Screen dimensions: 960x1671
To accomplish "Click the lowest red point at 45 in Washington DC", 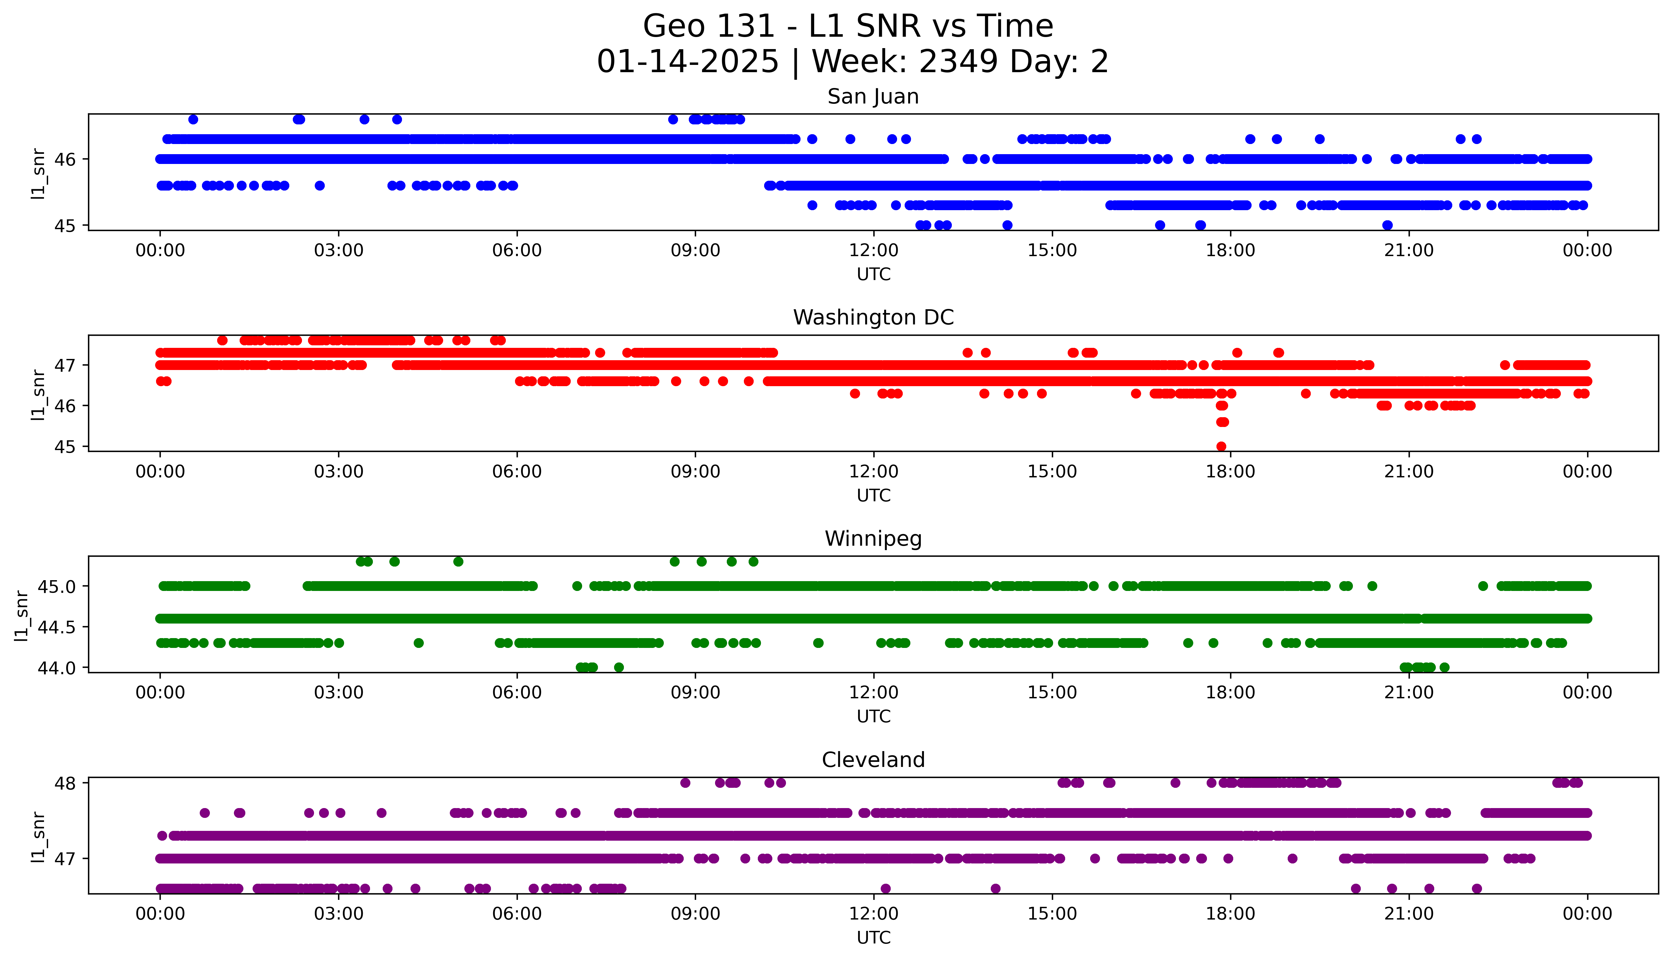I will click(x=1221, y=446).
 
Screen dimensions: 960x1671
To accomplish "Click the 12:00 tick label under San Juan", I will click(x=873, y=251).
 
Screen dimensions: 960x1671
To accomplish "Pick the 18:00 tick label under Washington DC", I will click(x=1231, y=471).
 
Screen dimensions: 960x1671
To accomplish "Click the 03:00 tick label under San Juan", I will click(x=338, y=251).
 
